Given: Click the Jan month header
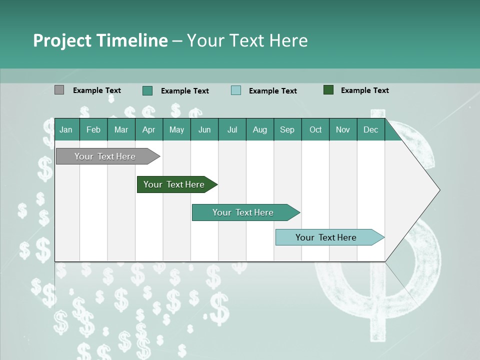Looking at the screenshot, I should [x=66, y=129].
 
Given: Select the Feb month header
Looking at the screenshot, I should [x=93, y=129].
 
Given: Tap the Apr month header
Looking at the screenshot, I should [x=149, y=129].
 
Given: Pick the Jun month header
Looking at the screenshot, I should [x=204, y=129].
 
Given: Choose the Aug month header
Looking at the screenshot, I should [x=260, y=129].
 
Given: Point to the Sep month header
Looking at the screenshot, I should [x=287, y=129].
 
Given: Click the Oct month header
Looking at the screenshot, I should [x=315, y=129].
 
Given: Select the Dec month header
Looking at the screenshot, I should [x=371, y=129].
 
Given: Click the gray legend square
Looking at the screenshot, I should [x=59, y=90].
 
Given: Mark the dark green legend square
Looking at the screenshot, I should [x=328, y=90].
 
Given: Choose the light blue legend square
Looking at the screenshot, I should [x=236, y=90].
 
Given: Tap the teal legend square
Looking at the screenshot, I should [x=147, y=90].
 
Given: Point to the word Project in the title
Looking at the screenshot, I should [x=62, y=40].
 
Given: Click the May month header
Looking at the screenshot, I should [x=176, y=129].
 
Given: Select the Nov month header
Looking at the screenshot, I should [x=343, y=129].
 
